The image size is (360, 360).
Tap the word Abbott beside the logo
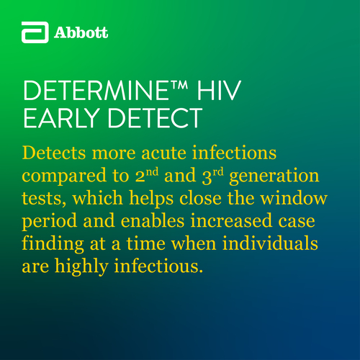tap(81, 32)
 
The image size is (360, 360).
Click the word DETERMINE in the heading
tap(96, 91)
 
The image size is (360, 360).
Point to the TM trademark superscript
tap(179, 85)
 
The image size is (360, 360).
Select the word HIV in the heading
tap(219, 91)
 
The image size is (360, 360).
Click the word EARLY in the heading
tap(62, 118)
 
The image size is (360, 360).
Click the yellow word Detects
tap(54, 153)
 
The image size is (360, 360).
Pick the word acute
tap(163, 153)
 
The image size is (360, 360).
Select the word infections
tap(235, 153)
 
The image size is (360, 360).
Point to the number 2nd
tap(147, 175)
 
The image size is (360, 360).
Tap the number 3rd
tap(212, 176)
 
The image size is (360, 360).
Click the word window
tap(294, 198)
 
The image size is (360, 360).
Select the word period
tap(50, 222)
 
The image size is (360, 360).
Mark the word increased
tap(232, 221)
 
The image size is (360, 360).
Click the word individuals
tap(270, 243)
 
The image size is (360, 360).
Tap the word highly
tap(81, 267)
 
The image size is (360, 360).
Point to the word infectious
tap(158, 266)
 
